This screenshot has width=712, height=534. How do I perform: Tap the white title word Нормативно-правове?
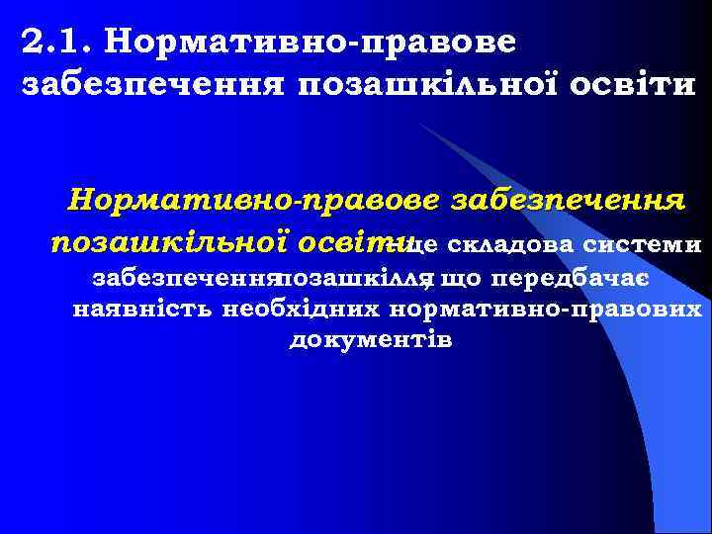309,43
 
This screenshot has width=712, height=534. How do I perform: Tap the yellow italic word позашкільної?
169,241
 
